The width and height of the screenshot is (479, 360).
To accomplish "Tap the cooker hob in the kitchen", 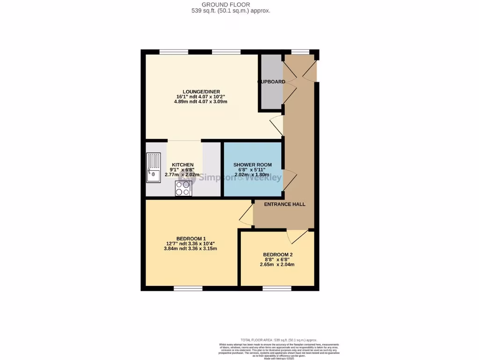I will click(183, 188).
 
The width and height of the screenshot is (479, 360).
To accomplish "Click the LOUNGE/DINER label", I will click(202, 91).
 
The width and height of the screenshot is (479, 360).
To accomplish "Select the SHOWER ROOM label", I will click(253, 165).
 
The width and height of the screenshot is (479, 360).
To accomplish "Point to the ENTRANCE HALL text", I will click(284, 204).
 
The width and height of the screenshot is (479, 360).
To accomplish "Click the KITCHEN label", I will click(182, 165).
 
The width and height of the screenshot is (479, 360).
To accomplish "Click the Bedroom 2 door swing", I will click(295, 236).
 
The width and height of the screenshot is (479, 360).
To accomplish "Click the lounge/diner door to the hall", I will click(277, 125).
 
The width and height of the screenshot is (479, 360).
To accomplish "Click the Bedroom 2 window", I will click(276, 288).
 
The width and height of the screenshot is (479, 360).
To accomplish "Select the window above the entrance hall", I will click(300, 52).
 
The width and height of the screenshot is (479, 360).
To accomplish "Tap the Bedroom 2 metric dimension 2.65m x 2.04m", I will click(277, 264).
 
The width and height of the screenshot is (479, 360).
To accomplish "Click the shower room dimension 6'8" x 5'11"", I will click(253, 170).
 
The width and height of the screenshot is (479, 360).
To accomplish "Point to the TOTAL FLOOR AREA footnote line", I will click(278, 340).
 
